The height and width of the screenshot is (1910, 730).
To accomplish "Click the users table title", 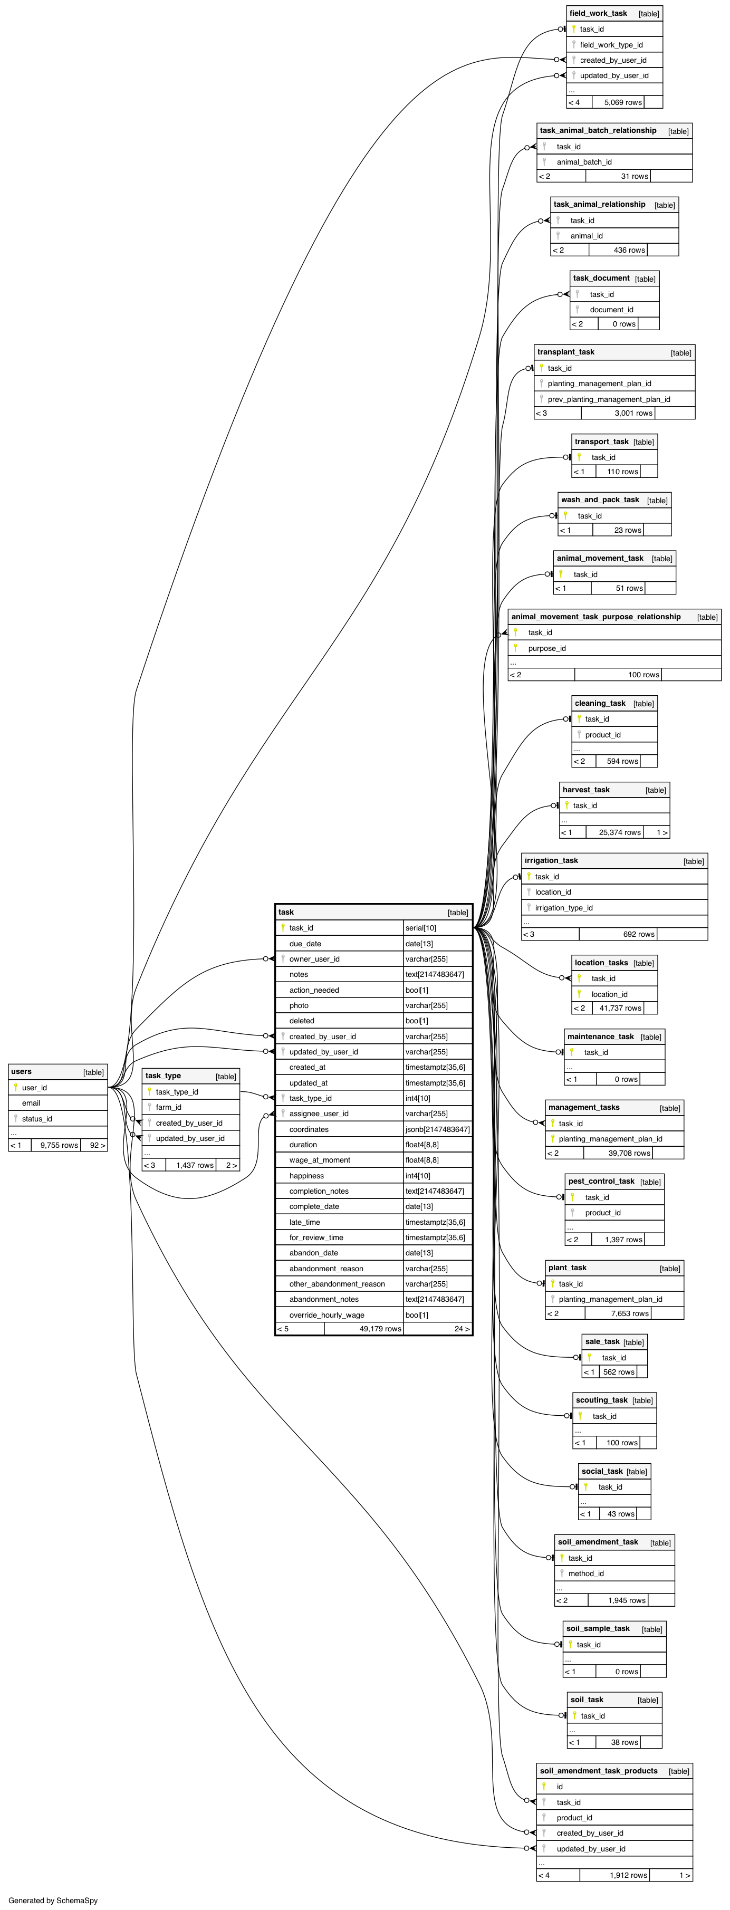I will point(22,1071).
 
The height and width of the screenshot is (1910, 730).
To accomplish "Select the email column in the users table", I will point(31,1102).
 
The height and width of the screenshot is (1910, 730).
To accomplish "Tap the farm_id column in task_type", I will point(168,1107).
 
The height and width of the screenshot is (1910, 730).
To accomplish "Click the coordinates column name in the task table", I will point(309,1129).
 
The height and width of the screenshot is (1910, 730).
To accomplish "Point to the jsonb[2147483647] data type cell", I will point(437,1129).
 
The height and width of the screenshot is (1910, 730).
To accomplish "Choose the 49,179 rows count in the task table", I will point(380,1329).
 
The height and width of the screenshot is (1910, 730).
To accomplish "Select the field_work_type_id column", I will point(611,44).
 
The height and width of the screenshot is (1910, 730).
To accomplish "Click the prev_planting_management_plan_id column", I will point(609,399).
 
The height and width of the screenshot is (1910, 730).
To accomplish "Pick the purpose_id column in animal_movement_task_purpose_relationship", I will point(546,648).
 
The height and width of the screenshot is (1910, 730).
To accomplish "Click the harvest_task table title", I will point(585,790).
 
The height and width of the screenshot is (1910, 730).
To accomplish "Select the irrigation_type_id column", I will point(563,908).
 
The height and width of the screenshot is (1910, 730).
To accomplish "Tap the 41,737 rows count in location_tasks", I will point(620,1007).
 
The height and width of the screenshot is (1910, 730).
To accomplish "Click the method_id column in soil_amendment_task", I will point(585,1573).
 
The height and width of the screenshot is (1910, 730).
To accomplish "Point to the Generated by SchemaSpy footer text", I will point(53,1901).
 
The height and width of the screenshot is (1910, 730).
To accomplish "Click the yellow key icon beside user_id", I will point(16,1087).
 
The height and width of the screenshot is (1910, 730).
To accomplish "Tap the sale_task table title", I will point(602,1341).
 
